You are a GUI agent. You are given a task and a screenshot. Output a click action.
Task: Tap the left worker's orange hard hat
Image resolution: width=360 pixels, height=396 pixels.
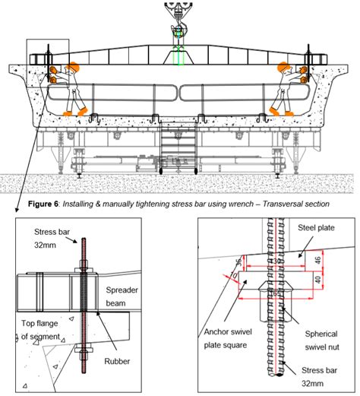pos(75,66)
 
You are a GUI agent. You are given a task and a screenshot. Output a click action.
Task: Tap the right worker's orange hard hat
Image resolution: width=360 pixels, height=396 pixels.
pos(285,66)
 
